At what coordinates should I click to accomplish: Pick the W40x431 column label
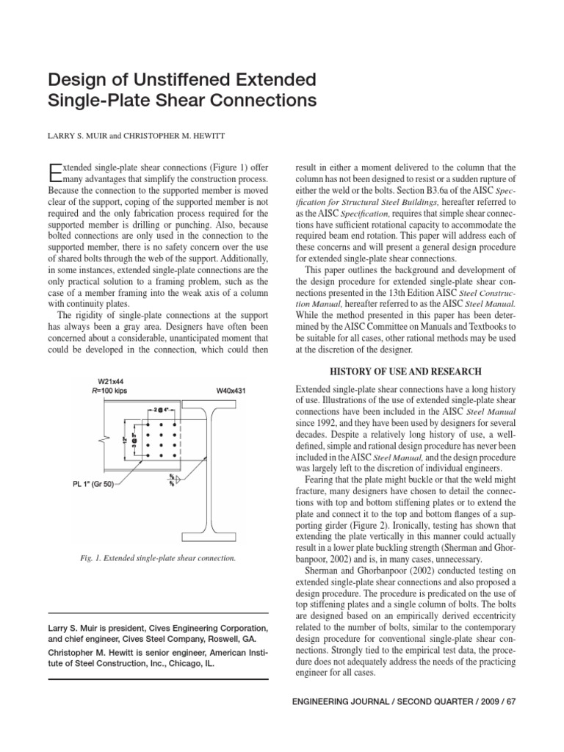click(x=234, y=391)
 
